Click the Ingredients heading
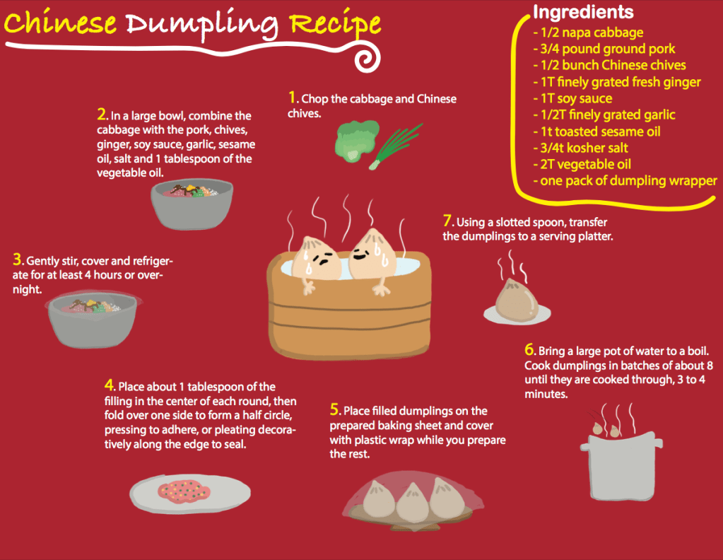tap(583, 12)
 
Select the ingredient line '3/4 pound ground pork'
tap(604, 49)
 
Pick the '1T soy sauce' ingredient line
tap(572, 98)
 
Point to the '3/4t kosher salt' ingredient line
tap(580, 148)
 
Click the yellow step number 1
tap(293, 98)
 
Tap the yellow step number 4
tap(109, 385)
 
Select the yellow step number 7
tap(447, 221)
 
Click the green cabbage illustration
tap(356, 141)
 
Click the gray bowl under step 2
tap(192, 204)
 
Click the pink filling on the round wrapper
tap(183, 491)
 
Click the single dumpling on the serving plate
tap(517, 299)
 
